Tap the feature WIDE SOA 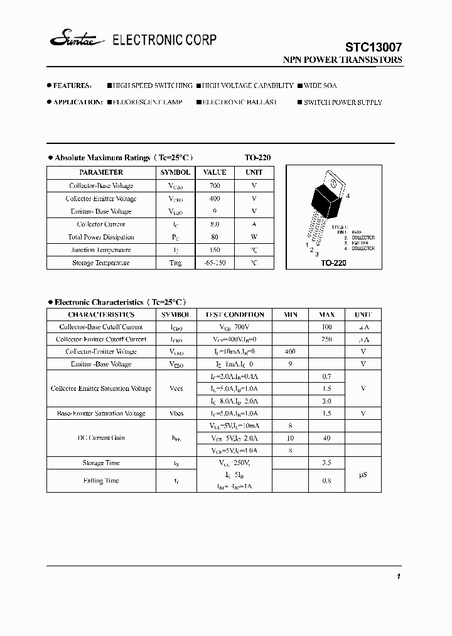(320, 85)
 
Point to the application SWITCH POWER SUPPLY (343, 102)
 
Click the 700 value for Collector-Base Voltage (215, 185)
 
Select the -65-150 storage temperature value (215, 263)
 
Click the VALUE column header (215, 172)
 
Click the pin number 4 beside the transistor (348, 196)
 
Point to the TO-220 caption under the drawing (333, 263)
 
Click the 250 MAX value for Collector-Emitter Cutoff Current (326, 339)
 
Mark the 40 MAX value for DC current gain (326, 438)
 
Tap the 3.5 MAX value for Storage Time (326, 463)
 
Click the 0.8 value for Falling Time (326, 481)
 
